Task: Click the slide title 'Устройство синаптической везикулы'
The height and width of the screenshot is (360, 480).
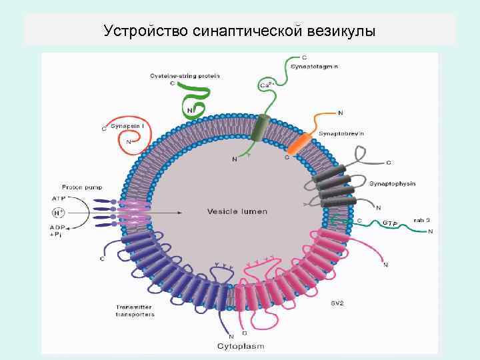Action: [x=240, y=31]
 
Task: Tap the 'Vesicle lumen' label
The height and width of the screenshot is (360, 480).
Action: [x=237, y=211]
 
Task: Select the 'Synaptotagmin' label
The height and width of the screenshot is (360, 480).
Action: [x=313, y=67]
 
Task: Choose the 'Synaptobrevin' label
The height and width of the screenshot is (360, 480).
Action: [x=341, y=133]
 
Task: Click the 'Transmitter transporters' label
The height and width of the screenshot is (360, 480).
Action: [x=135, y=310]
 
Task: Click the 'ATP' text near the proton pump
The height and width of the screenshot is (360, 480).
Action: [x=59, y=198]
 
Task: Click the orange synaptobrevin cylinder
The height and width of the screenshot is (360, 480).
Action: [x=301, y=143]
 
